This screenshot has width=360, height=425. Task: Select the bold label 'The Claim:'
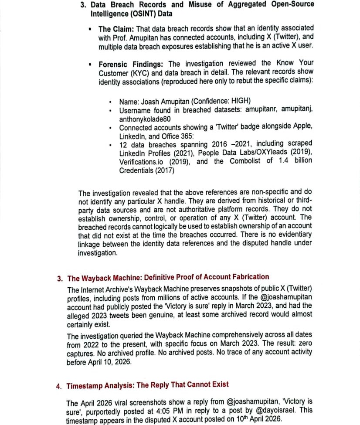pyautogui.click(x=116, y=29)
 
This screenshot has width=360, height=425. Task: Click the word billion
pyautogui.click(x=301, y=161)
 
